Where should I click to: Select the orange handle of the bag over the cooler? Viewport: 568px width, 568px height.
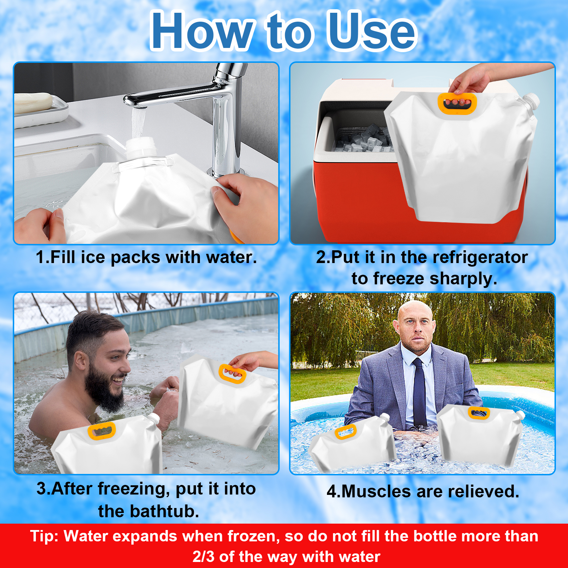(457, 103)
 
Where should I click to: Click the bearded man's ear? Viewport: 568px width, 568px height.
(80, 362)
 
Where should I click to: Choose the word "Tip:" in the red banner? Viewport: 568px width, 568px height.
(45, 536)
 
